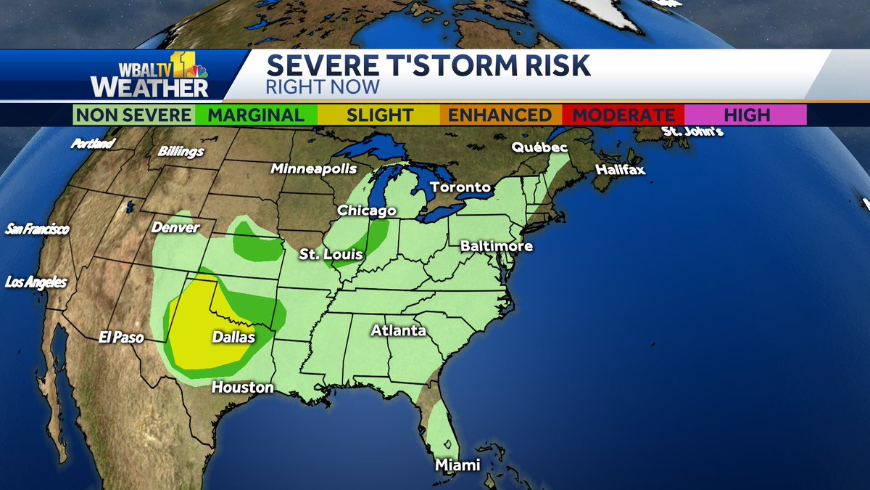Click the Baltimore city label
(497, 246)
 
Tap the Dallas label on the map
(233, 338)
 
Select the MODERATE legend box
(624, 115)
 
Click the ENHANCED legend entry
(499, 115)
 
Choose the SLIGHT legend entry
(379, 115)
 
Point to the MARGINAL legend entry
(256, 115)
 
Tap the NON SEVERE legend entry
(134, 115)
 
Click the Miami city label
(457, 465)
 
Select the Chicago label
(367, 211)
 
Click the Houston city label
(242, 388)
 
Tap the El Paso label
(122, 338)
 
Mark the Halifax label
(620, 170)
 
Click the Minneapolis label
(314, 168)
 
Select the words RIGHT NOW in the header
(323, 87)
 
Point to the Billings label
(181, 152)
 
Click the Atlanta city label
(398, 331)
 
